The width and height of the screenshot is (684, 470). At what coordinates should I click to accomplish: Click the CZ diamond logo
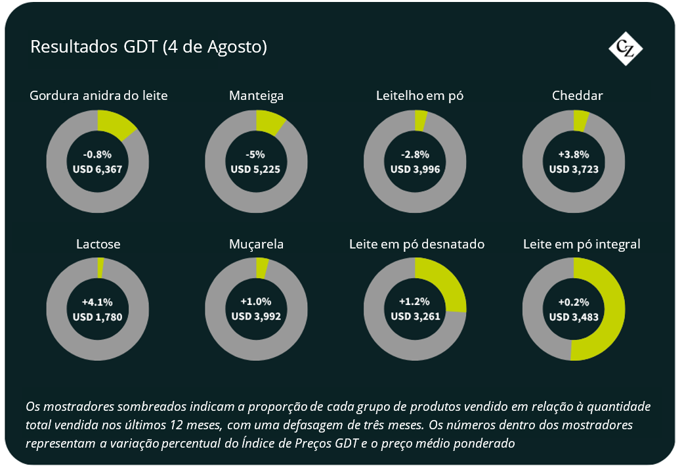(626, 49)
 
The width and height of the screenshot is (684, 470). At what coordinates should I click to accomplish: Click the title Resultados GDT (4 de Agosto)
(149, 47)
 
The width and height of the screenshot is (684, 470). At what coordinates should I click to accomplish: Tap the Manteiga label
(256, 96)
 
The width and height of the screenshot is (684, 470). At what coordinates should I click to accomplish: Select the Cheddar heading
(577, 95)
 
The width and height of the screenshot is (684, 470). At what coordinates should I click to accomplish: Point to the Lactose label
(98, 244)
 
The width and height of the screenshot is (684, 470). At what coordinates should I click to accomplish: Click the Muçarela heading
(256, 244)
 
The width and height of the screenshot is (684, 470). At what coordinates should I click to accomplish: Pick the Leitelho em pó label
(419, 95)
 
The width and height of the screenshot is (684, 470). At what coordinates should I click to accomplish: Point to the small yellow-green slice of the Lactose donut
(100, 268)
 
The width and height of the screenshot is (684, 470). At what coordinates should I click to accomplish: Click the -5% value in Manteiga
(255, 154)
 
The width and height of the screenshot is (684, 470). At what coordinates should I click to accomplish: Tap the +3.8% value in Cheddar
(574, 154)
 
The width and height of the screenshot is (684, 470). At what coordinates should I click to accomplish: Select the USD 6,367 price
(97, 170)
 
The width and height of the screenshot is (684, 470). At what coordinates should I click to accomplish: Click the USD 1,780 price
(97, 317)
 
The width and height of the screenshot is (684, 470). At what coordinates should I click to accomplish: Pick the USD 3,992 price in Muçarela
(256, 316)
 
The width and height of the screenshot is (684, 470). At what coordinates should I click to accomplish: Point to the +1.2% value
(414, 302)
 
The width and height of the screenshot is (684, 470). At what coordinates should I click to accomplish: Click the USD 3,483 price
(574, 317)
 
